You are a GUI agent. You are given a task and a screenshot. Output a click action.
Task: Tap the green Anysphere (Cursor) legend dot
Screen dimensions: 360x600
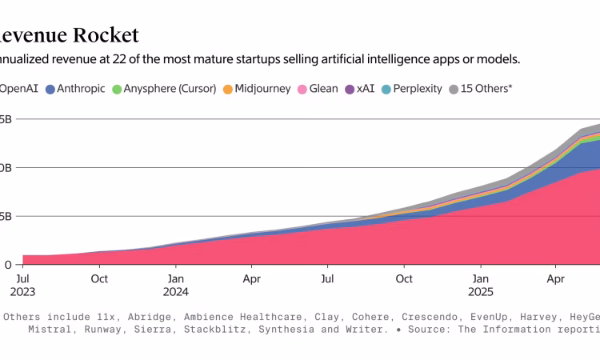point(117,89)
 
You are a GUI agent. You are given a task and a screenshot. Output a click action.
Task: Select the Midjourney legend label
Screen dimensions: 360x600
point(263,89)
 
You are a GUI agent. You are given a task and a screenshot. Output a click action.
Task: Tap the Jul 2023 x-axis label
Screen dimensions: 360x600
point(23,286)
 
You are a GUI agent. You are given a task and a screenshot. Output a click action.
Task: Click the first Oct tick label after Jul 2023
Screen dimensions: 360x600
point(99,279)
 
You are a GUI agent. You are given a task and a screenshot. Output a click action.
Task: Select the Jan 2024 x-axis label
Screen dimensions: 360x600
point(176,286)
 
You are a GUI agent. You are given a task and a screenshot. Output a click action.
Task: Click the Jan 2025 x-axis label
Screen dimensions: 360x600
point(480,286)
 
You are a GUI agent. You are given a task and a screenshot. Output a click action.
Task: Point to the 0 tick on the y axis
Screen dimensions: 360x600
point(7,265)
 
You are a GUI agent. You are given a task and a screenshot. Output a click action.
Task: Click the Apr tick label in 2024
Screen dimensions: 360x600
point(251,279)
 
